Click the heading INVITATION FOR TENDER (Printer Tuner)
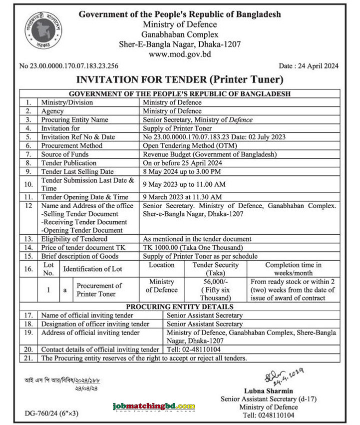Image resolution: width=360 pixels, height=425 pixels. point(179,79)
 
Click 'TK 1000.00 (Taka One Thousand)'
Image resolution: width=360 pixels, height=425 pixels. point(193,247)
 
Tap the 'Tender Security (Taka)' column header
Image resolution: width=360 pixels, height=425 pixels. point(215,269)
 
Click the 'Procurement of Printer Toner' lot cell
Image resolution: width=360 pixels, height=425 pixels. point(99,290)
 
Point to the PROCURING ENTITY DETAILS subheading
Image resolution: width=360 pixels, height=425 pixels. point(179,306)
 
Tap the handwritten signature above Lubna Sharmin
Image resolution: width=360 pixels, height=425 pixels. point(280,375)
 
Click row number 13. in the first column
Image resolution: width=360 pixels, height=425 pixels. point(29,239)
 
